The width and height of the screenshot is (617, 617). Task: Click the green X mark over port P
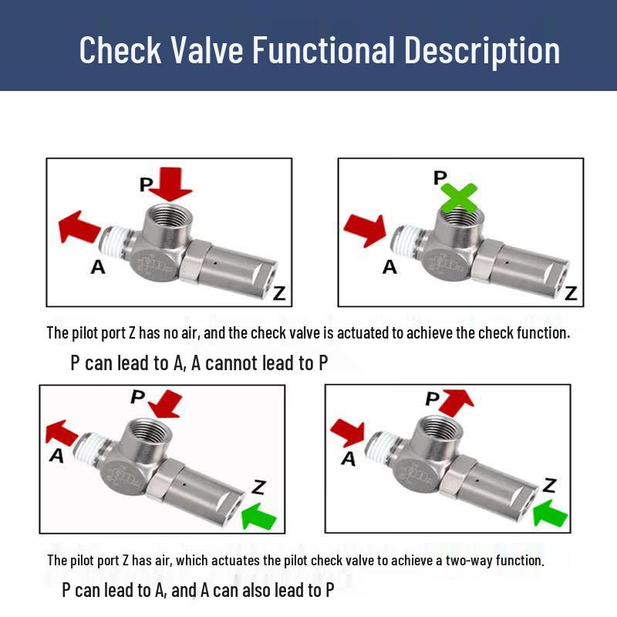[459, 197]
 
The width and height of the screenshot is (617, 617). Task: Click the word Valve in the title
[207, 50]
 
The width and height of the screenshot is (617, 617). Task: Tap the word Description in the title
[481, 50]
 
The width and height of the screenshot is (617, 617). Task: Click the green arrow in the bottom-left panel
[258, 516]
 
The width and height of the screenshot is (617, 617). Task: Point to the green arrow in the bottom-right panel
[550, 513]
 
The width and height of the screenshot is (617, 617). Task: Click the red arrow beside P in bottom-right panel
[457, 402]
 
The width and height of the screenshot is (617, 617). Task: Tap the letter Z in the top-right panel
[571, 293]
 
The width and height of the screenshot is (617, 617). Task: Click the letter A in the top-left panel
[98, 267]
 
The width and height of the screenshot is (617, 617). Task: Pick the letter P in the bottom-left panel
[138, 396]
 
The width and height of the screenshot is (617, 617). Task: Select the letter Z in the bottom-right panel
[549, 485]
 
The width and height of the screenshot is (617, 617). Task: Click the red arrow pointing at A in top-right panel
[365, 231]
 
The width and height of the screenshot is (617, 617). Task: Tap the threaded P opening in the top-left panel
[168, 217]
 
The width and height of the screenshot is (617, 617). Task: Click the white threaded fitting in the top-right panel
[406, 240]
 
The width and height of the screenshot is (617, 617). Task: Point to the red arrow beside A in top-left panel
[79, 227]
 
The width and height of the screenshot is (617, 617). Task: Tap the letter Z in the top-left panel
[279, 294]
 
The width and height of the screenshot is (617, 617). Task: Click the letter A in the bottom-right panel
[349, 459]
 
